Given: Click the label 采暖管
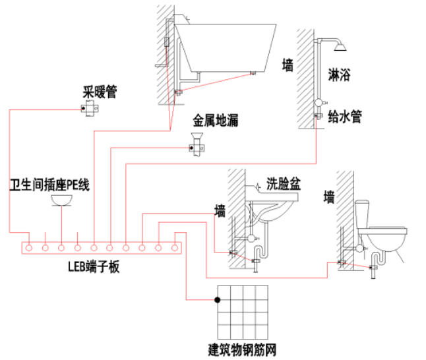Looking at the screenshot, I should click(100, 92).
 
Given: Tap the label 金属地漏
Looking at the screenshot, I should click(215, 121).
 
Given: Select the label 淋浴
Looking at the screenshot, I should click(339, 75).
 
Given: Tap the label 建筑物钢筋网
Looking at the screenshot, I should click(242, 349).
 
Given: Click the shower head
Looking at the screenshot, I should click(340, 46).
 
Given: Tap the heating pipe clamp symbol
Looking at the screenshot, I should click(88, 108).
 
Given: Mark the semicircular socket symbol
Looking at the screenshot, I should click(61, 200).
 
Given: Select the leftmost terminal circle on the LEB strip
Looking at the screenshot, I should click(29, 248).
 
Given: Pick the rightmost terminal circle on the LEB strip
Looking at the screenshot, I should click(174, 248).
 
